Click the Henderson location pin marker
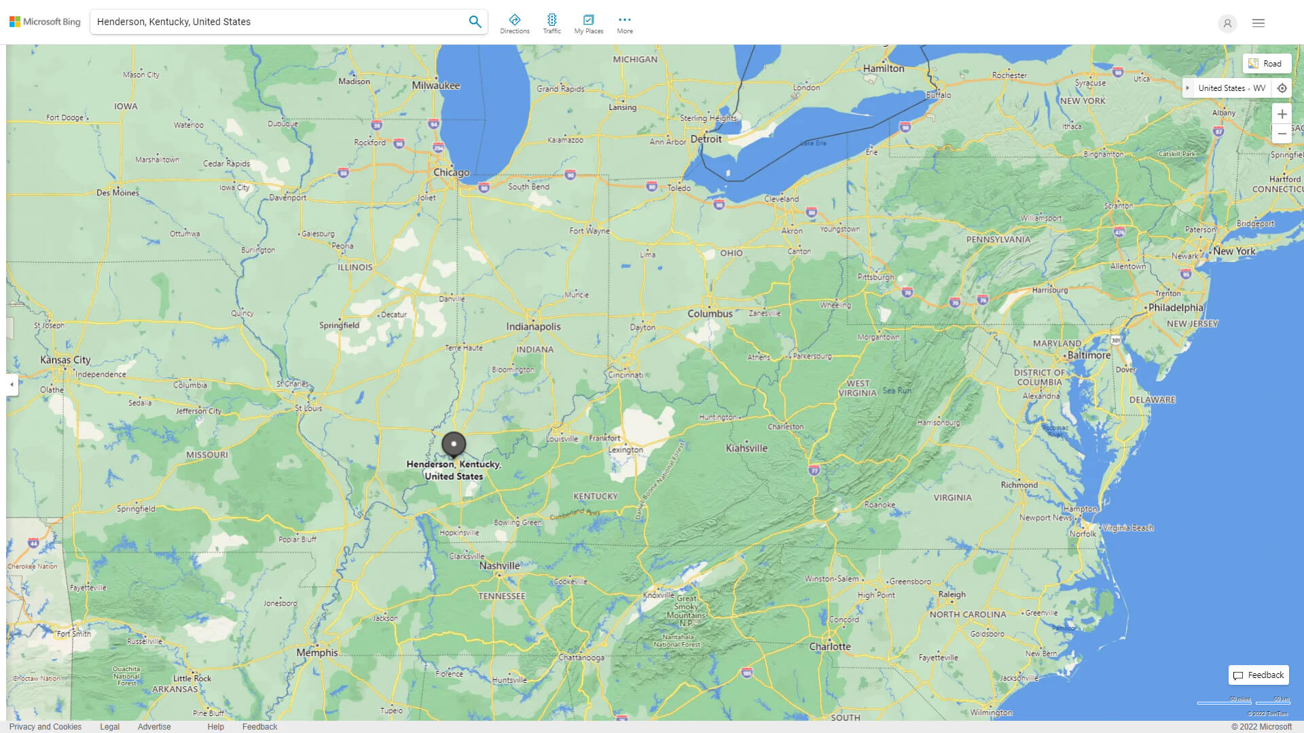[454, 444]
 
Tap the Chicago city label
[451, 172]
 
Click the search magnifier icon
[475, 22]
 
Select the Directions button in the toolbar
[515, 24]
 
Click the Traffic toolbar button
[551, 24]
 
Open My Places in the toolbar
[588, 24]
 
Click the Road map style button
[1266, 64]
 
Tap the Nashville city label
[499, 565]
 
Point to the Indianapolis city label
[533, 326]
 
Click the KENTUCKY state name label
[595, 496]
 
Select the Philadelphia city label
[1175, 307]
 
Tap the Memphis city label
[316, 652]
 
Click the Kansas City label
[65, 360]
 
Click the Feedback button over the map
[1258, 675]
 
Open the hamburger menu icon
[1258, 23]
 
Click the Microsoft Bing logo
[45, 22]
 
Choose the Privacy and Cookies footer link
[45, 726]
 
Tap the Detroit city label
[706, 138]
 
